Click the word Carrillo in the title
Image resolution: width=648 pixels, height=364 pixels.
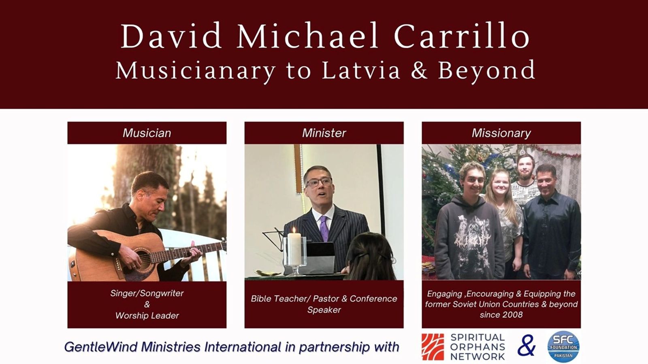coord(462,36)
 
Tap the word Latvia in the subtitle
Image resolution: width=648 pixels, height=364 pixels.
coord(361,70)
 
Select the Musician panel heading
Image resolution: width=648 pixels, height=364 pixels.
coord(147,133)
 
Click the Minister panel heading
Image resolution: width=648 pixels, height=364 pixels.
coord(324,133)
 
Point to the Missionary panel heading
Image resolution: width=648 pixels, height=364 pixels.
coord(501,133)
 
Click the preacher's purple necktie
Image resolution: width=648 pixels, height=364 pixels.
coord(324,228)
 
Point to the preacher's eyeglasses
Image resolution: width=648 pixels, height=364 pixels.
coord(319,182)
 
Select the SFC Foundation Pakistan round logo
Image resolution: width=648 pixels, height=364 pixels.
coord(563,347)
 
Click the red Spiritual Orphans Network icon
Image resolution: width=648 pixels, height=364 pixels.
coord(433,347)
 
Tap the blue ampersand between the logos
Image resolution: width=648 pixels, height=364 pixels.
coord(526,345)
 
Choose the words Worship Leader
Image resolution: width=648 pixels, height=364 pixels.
coord(147,315)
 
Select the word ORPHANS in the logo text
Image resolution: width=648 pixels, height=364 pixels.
coord(477,347)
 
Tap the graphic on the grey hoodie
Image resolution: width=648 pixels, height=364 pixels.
coord(471,234)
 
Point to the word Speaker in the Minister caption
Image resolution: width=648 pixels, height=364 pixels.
coord(324,310)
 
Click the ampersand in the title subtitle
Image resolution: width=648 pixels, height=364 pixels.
coord(419,70)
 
